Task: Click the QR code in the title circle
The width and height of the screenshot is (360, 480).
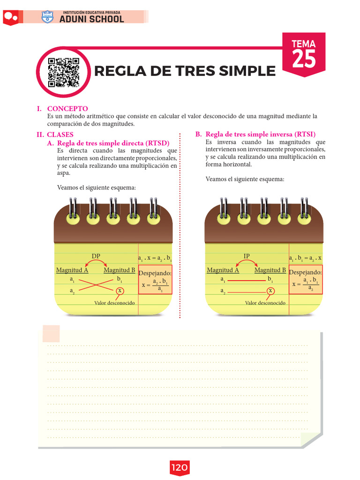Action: tap(64, 72)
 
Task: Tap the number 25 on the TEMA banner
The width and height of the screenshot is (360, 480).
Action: tap(304, 59)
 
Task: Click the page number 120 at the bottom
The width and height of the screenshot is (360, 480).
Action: tap(180, 467)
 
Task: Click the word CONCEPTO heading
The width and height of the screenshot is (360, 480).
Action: tap(67, 109)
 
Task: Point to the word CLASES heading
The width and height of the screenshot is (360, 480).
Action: tap(60, 135)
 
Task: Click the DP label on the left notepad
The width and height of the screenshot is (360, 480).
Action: tap(96, 256)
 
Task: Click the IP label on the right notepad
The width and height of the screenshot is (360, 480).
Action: tap(247, 256)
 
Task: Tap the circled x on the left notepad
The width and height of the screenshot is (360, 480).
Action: tap(120, 291)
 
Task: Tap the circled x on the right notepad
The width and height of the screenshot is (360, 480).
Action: tap(270, 291)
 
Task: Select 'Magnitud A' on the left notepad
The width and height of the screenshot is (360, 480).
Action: tap(72, 270)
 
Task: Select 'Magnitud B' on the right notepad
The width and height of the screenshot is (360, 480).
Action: tap(270, 270)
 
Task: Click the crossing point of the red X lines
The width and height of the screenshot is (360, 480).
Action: tap(96, 285)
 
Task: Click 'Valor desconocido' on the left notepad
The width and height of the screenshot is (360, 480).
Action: tap(114, 303)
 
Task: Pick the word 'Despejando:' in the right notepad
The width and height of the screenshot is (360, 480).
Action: tap(305, 272)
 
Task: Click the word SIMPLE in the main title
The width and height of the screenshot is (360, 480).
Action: tap(247, 71)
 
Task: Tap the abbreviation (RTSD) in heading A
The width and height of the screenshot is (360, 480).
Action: tap(157, 143)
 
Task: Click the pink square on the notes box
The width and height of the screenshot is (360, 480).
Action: tap(51, 334)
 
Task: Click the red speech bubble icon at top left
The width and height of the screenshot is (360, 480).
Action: tap(11, 17)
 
